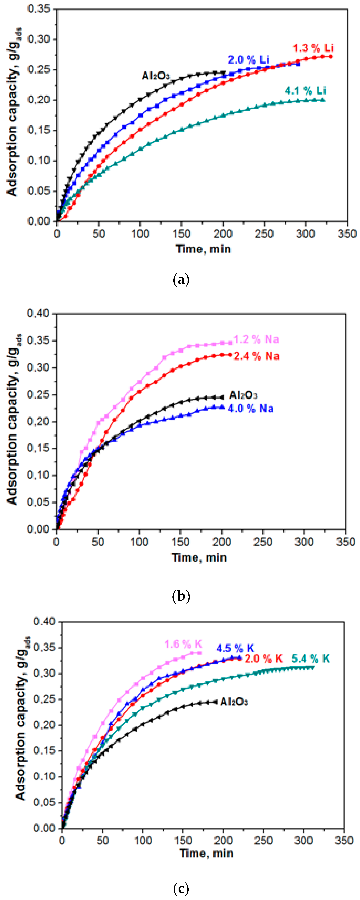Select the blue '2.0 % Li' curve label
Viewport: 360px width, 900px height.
coord(249,59)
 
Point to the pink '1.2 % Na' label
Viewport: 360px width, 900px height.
coord(256,339)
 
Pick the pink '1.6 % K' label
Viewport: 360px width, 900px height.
coord(183,644)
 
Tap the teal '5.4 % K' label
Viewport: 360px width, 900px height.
coord(310,659)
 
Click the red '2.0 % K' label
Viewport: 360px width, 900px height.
coord(263,659)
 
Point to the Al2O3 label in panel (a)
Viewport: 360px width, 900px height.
coord(156,76)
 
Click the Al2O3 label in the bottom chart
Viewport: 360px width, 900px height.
coord(234,702)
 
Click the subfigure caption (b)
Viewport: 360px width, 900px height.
coord(181,596)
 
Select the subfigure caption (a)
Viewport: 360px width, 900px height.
coord(181,280)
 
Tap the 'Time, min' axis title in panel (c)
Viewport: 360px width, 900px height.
coord(206,853)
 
